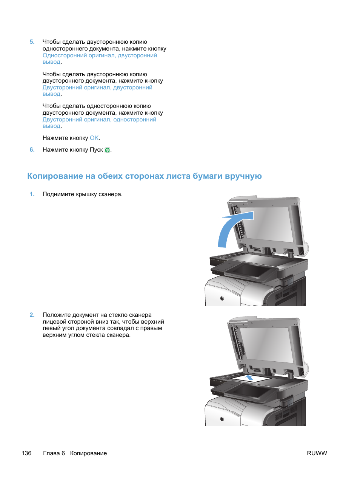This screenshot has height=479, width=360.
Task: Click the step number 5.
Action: (32, 42)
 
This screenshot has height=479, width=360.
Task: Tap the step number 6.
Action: (32, 150)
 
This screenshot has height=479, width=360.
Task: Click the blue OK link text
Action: (94, 138)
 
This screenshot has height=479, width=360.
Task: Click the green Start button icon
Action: (107, 150)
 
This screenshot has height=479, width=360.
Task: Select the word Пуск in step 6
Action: (96, 150)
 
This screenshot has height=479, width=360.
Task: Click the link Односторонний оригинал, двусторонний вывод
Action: (100, 55)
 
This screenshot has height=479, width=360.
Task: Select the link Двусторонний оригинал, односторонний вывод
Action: (99, 120)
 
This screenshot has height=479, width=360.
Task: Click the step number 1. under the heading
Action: (32, 194)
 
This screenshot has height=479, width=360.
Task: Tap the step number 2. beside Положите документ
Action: (32, 315)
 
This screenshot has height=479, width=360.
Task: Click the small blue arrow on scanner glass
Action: (249, 377)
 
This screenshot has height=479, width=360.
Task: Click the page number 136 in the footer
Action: (26, 453)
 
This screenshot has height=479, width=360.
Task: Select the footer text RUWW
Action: (317, 453)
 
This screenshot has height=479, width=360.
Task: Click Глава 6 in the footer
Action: (54, 453)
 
